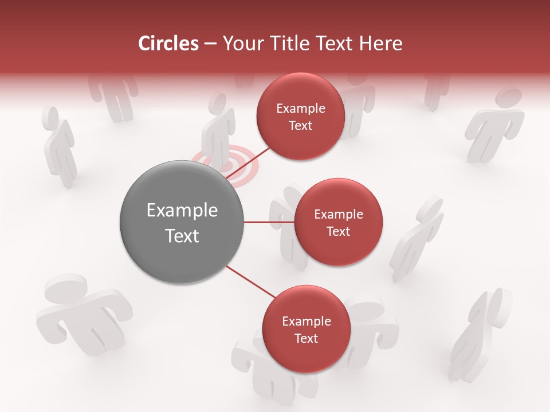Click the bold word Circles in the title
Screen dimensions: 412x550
(x=168, y=43)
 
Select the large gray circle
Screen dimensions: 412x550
(x=182, y=222)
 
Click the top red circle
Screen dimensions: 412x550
(x=300, y=116)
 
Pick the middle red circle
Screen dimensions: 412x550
(x=338, y=222)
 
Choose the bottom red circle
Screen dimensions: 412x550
(x=306, y=329)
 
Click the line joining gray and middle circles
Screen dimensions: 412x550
(x=269, y=222)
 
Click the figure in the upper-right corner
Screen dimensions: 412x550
(x=495, y=123)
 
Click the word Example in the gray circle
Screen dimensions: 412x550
(x=182, y=211)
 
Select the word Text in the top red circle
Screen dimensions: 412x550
(x=300, y=125)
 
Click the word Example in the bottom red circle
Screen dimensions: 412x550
(x=306, y=321)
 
